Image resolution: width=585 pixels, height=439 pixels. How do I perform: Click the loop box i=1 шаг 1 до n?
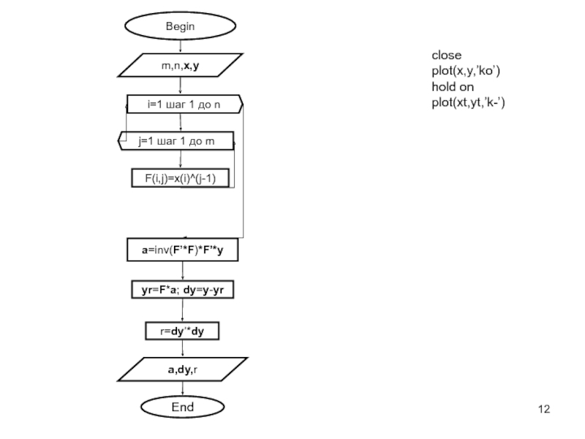point(184,105)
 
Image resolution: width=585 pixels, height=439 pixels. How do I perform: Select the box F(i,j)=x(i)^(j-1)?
point(179,177)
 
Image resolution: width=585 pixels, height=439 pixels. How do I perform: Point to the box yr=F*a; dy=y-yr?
point(182,290)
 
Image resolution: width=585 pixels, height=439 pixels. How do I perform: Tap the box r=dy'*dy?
point(182,331)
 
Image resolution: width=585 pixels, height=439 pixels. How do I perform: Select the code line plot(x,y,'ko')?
point(466,71)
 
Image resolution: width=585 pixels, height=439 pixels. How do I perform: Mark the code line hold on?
point(453,87)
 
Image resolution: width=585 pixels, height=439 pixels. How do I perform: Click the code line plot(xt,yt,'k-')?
point(468,103)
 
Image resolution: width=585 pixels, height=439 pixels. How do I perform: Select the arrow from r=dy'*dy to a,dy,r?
point(182,349)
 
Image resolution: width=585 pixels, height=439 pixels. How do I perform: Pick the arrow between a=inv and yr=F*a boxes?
point(182,271)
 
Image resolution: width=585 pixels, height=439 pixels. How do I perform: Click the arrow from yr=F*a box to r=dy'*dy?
point(182,310)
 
